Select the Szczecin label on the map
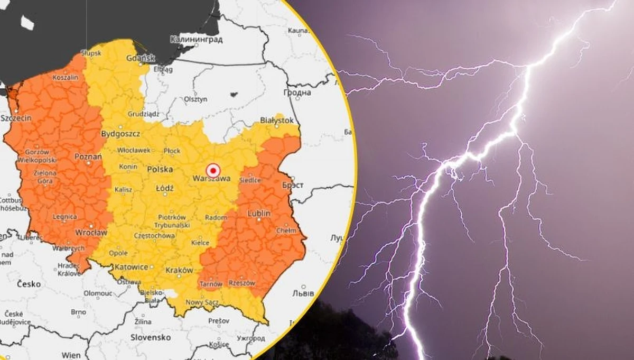coord(16,118)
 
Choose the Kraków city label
coord(179,270)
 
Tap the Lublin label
coord(258,213)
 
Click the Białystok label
coord(276,121)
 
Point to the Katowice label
coord(131,267)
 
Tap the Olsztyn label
coord(195,99)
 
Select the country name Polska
coord(160,170)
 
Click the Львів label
coord(303,293)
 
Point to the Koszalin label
coord(66,77)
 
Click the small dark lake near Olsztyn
coord(233,96)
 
